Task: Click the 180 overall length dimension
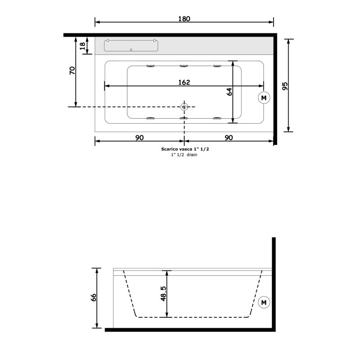pyautogui.click(x=184, y=18)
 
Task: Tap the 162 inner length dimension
pyautogui.click(x=184, y=82)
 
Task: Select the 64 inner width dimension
pyautogui.click(x=229, y=92)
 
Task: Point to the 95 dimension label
pyautogui.click(x=285, y=86)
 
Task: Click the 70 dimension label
pyautogui.click(x=72, y=71)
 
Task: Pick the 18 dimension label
pyautogui.click(x=82, y=46)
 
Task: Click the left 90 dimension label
pyautogui.click(x=139, y=138)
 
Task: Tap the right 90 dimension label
pyautogui.click(x=229, y=138)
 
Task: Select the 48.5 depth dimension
pyautogui.click(x=163, y=293)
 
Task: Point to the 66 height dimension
pyautogui.click(x=93, y=298)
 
